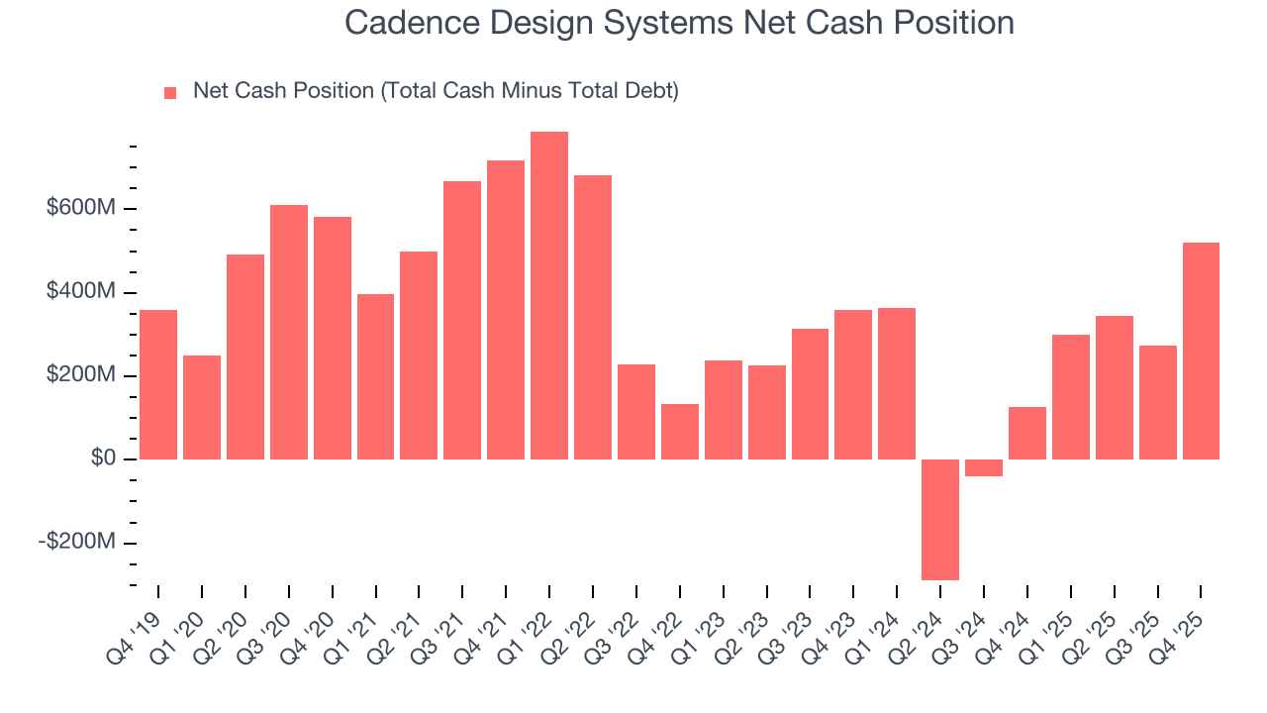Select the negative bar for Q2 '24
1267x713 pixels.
[940, 519]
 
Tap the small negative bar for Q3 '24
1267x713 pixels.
[984, 467]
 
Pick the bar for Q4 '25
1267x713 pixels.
[1201, 351]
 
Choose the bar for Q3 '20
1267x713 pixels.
[289, 332]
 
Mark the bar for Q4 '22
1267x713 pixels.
[680, 432]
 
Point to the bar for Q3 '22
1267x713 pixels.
[636, 412]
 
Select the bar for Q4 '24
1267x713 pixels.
[1027, 433]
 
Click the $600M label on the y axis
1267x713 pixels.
[82, 209]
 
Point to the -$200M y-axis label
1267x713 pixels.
[77, 543]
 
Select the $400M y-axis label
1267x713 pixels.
[82, 292]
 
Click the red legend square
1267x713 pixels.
[170, 92]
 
